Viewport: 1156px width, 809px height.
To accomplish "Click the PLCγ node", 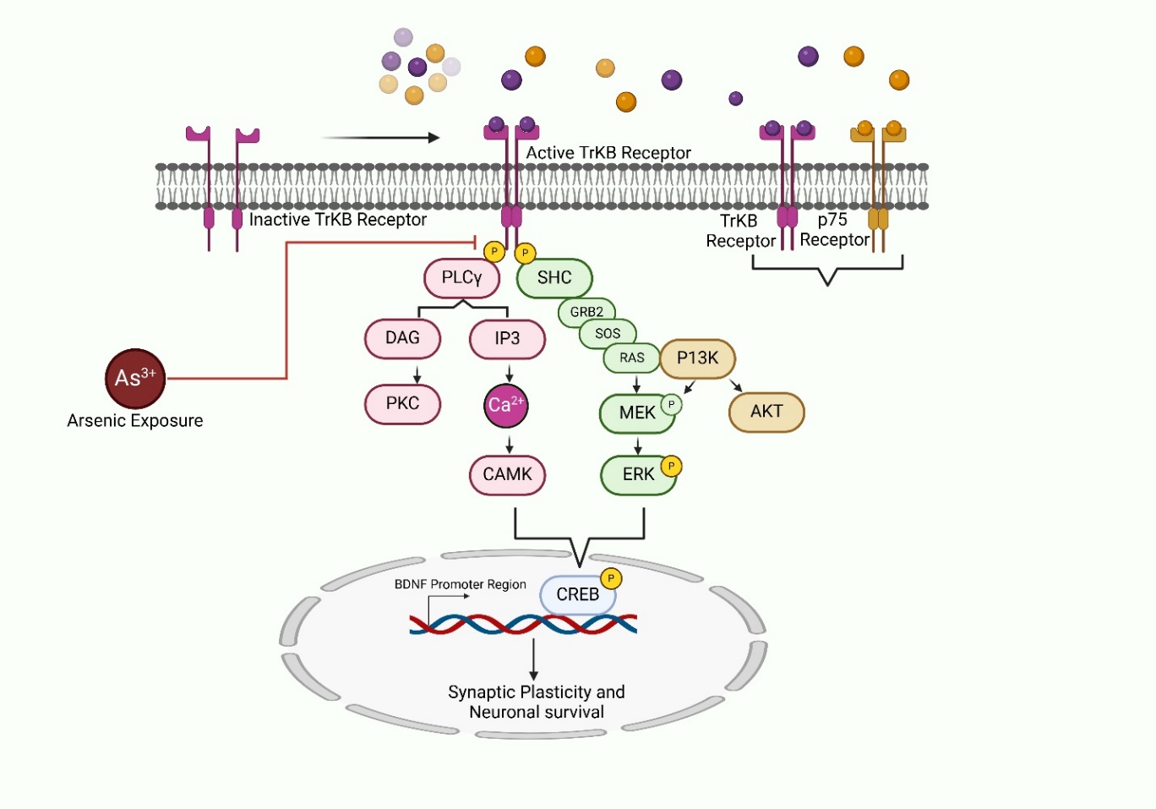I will pyautogui.click(x=461, y=278).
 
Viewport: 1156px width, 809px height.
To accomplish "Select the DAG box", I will pyautogui.click(x=402, y=338).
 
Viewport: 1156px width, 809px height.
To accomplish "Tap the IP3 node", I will pyautogui.click(x=507, y=339).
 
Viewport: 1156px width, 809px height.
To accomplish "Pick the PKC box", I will pyautogui.click(x=402, y=404).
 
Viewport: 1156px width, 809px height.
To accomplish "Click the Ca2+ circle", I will pyautogui.click(x=506, y=405).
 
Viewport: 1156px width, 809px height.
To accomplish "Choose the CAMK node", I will pyautogui.click(x=507, y=475).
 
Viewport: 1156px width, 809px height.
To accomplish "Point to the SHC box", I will pyautogui.click(x=554, y=278).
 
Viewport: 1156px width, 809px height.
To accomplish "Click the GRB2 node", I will pyautogui.click(x=586, y=312).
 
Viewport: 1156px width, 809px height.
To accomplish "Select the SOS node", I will pyautogui.click(x=608, y=334).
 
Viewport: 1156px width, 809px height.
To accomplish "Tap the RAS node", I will pyautogui.click(x=631, y=358).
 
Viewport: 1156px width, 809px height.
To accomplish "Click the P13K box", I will pyautogui.click(x=697, y=358).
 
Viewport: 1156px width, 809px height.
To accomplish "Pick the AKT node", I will pyautogui.click(x=766, y=412).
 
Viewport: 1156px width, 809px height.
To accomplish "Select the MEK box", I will pyautogui.click(x=636, y=413).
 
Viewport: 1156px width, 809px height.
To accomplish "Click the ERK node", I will pyautogui.click(x=638, y=475).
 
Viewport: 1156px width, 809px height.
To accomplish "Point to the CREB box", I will pyautogui.click(x=577, y=595).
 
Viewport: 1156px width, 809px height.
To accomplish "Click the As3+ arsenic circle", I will pyautogui.click(x=134, y=379).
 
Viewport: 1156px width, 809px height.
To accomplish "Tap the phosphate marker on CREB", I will pyautogui.click(x=611, y=578).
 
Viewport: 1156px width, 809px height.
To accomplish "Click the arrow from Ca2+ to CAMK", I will pyautogui.click(x=510, y=445).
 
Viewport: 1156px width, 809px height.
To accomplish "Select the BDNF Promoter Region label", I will pyautogui.click(x=460, y=584).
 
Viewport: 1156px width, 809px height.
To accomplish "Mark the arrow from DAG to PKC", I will pyautogui.click(x=417, y=374).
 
